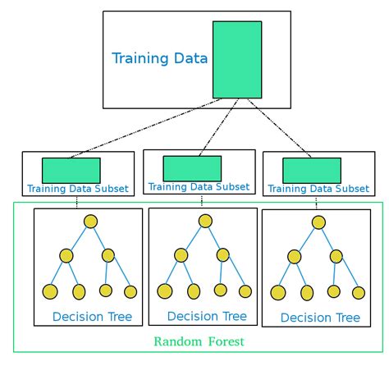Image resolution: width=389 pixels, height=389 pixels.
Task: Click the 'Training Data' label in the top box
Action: [x=159, y=58]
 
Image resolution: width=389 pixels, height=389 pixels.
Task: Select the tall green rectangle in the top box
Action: [x=237, y=60]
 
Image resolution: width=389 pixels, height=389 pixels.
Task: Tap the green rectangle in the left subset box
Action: [x=71, y=170]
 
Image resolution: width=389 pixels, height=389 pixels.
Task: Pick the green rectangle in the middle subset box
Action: [x=192, y=168]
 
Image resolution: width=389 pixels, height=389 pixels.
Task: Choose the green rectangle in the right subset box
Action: [x=312, y=170]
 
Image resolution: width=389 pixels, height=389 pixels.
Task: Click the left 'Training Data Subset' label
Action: [x=77, y=189]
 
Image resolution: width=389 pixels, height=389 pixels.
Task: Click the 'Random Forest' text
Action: [x=198, y=341]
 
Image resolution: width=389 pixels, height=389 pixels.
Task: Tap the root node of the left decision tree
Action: [x=90, y=222]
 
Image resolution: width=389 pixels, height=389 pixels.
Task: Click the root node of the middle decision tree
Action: [x=205, y=221]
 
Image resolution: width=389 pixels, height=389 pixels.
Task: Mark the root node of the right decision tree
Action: [x=318, y=222]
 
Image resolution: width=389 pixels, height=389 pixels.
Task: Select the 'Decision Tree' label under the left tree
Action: [x=92, y=317]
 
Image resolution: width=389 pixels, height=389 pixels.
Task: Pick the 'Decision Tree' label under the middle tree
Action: [x=206, y=316]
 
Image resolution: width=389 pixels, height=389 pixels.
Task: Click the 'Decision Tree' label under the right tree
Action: [x=320, y=318]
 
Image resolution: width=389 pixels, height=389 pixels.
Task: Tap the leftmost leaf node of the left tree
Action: [x=50, y=291]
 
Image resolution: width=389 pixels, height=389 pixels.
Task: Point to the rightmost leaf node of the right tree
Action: [x=358, y=292]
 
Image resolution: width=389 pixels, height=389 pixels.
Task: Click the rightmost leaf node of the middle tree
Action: [x=245, y=291]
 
